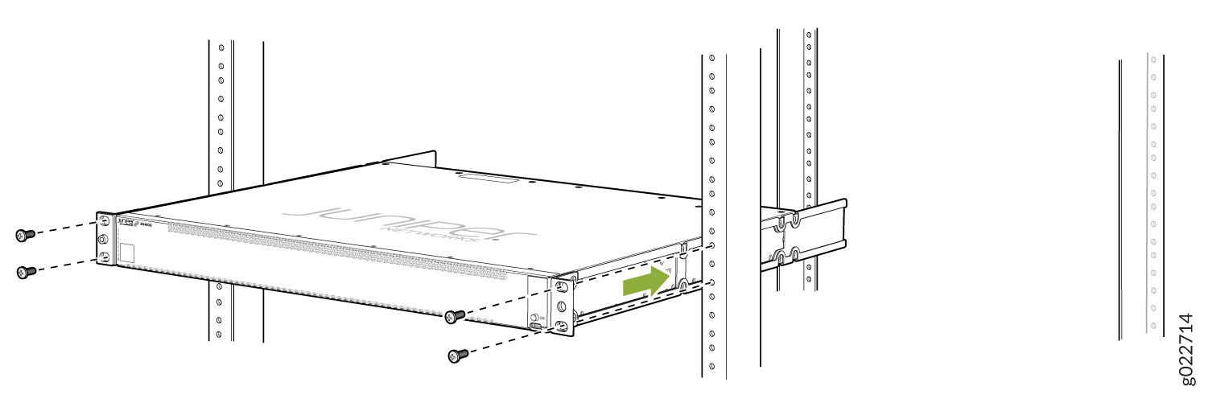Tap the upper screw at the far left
(x=25, y=235)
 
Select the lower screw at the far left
(x=25, y=272)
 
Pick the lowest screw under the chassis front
(x=457, y=355)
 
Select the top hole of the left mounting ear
(x=103, y=221)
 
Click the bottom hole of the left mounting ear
(x=103, y=257)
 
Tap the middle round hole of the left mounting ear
(x=102, y=239)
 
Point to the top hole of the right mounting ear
(x=561, y=287)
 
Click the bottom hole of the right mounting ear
(x=561, y=325)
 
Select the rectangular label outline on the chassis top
(x=488, y=179)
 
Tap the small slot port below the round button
(x=534, y=327)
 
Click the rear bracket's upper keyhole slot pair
(x=786, y=220)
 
